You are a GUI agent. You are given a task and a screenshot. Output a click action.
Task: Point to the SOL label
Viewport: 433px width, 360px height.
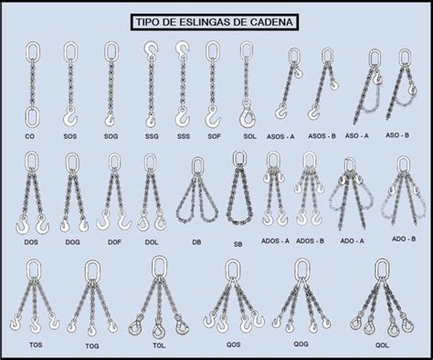pyautogui.click(x=248, y=135)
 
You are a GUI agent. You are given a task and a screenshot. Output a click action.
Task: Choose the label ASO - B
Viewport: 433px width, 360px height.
pyautogui.click(x=398, y=135)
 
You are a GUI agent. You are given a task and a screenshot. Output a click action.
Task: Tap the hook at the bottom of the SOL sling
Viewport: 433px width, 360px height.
pyautogui.click(x=246, y=115)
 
